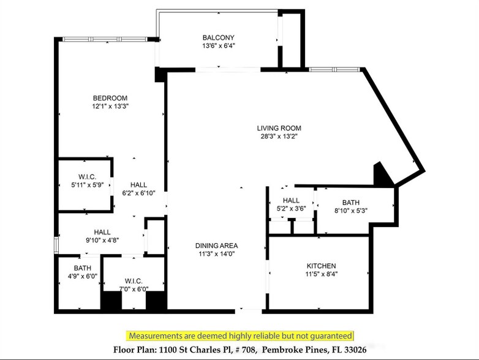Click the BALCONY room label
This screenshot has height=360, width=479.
point(219,37)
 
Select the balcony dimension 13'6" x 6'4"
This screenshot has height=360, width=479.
point(219,45)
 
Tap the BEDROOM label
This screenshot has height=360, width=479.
point(110,98)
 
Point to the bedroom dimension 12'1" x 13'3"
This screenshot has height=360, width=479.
point(110,106)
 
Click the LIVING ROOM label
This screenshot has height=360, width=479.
point(279,128)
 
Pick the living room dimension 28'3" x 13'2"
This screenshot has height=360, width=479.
point(279,137)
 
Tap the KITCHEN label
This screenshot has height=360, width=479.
point(321,266)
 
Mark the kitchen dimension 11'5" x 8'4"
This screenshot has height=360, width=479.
point(321,274)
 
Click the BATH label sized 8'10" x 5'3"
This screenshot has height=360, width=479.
point(351,202)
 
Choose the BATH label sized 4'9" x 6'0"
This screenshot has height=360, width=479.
point(82,268)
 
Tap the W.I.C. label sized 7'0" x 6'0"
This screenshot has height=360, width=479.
point(133,282)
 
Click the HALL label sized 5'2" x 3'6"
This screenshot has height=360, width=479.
point(291,200)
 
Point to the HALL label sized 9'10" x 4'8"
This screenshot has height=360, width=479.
point(102,232)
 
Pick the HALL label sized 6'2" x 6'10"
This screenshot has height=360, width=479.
point(138,184)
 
